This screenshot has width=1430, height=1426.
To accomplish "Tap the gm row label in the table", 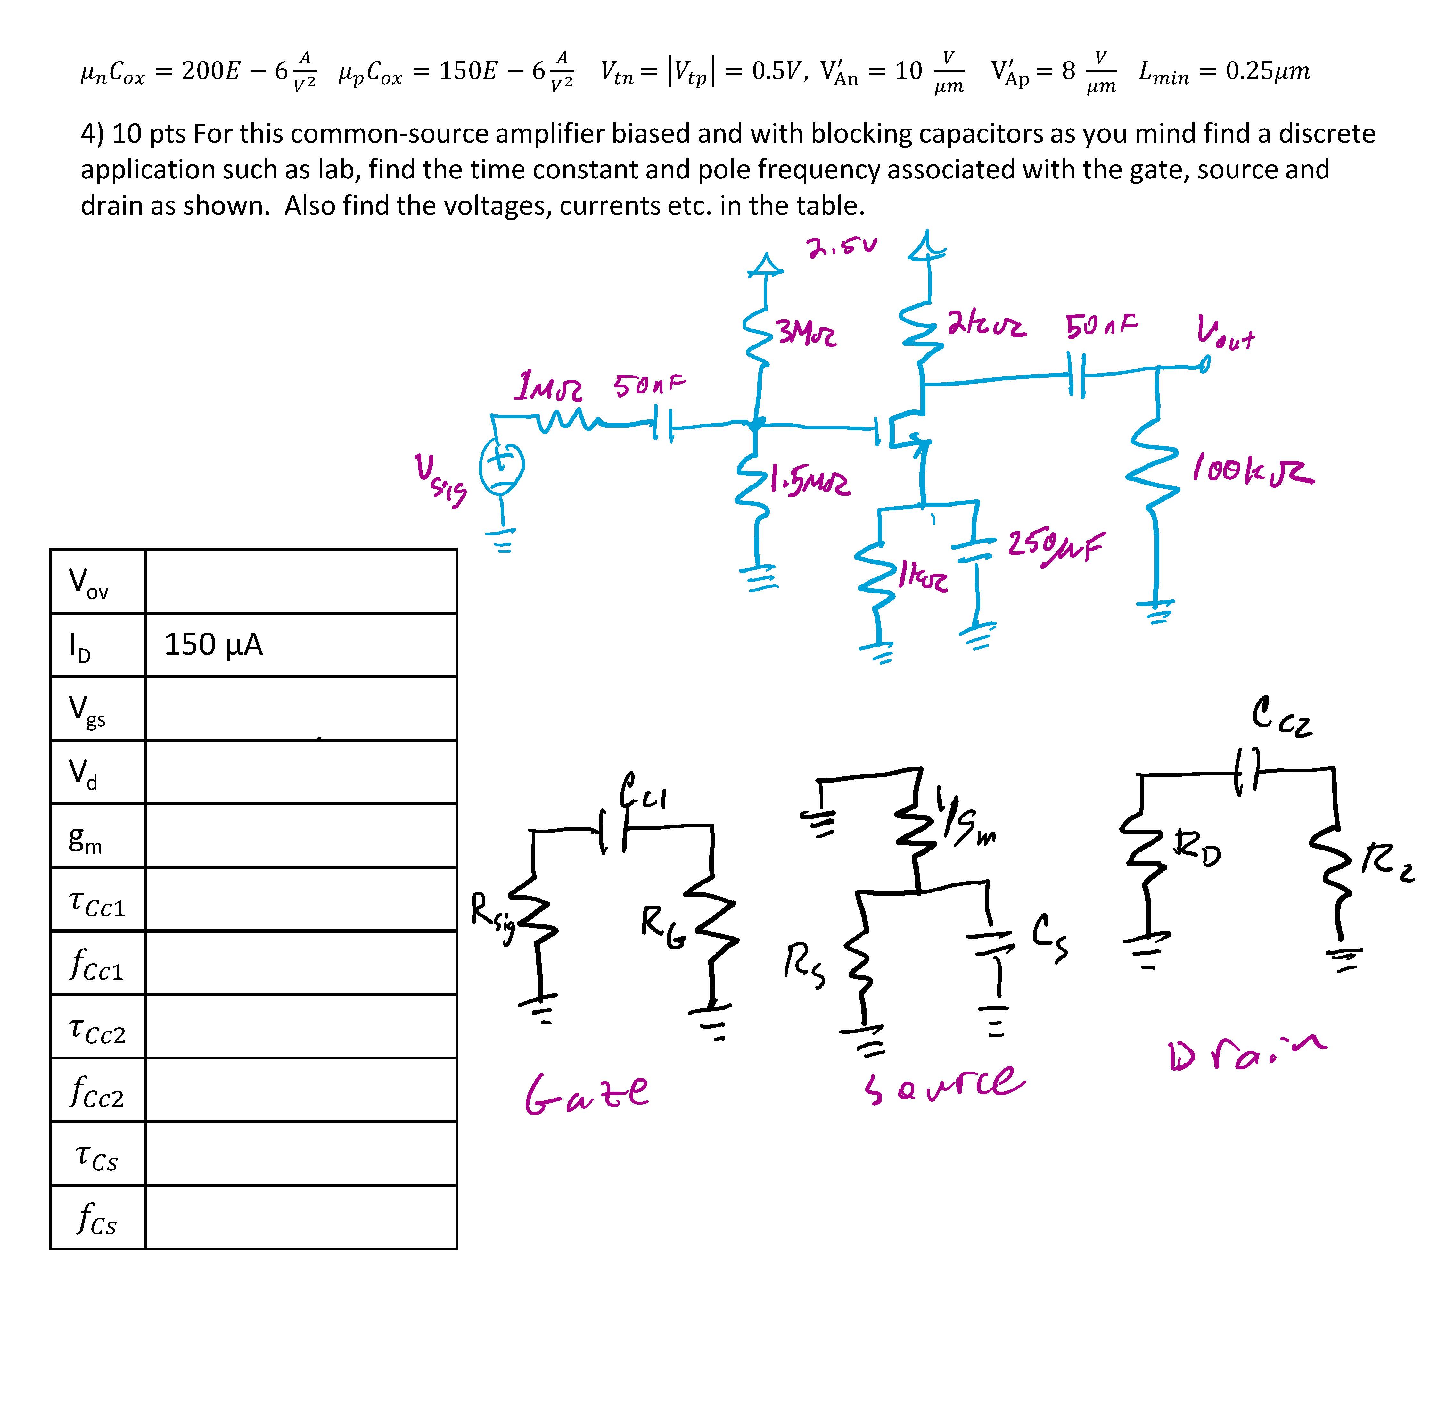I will point(85,837).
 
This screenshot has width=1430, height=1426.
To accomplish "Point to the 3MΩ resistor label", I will point(807,334).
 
